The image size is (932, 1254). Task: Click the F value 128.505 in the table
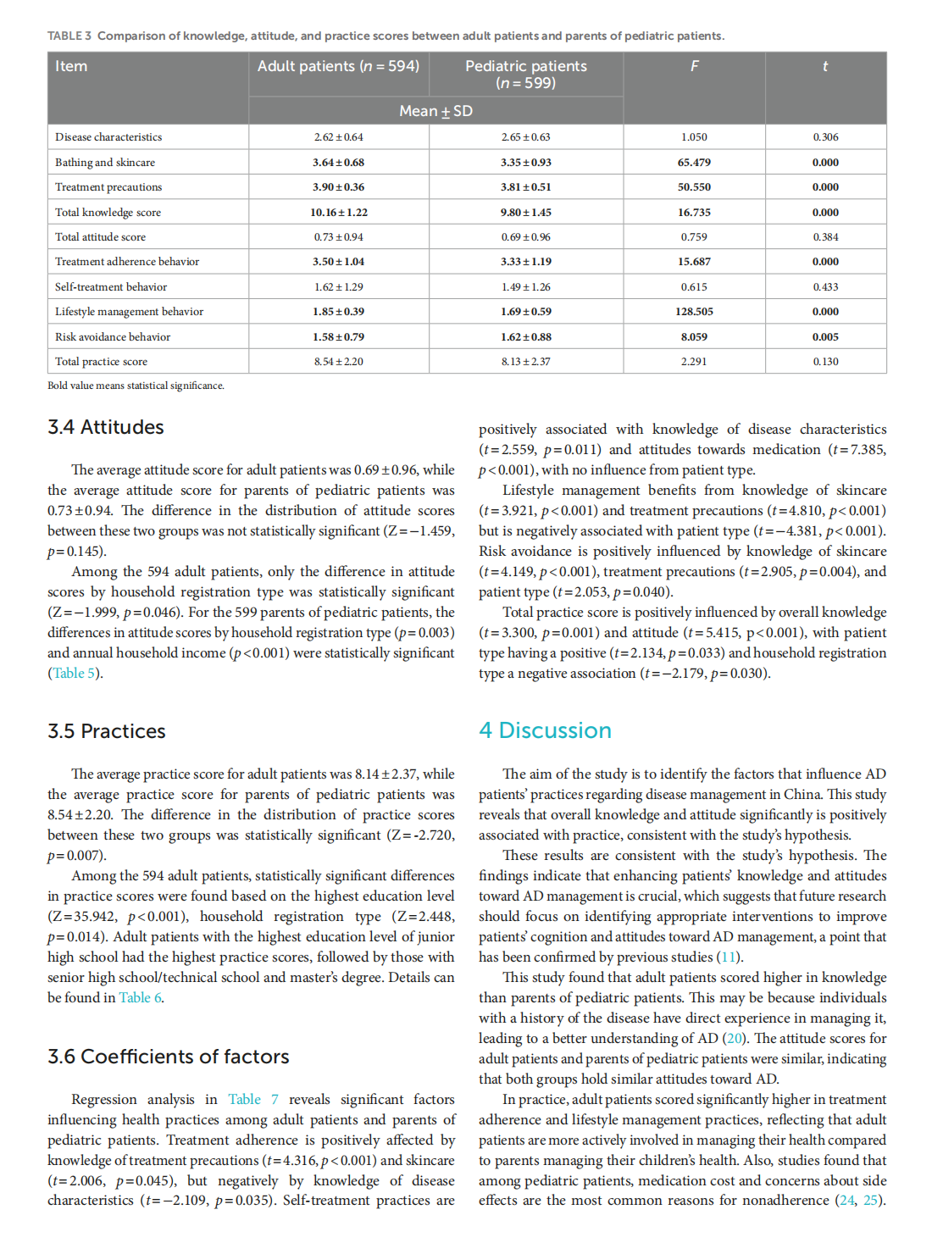point(694,312)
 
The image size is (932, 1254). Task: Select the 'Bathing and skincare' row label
point(105,163)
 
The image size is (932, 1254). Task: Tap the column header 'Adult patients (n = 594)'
point(338,66)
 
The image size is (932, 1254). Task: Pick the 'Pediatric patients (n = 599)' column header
point(526,75)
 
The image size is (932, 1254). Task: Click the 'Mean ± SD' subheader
point(435,111)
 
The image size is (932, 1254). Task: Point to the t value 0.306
point(825,137)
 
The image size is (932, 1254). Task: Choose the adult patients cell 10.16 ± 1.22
point(338,213)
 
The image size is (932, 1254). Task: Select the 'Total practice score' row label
point(101,362)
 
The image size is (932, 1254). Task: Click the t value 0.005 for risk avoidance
point(825,337)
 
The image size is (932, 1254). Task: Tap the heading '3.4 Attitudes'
point(106,427)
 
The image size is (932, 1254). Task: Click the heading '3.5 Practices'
point(107,731)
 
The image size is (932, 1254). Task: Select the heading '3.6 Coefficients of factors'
point(169,1057)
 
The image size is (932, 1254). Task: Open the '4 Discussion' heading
point(545,730)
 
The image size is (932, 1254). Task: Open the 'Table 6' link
point(140,998)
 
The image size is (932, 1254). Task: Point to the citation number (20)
point(735,1039)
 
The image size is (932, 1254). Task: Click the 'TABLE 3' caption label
point(69,36)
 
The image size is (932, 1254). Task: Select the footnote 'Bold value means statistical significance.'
point(136,386)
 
